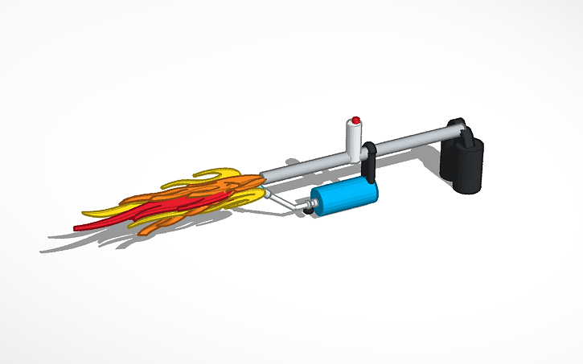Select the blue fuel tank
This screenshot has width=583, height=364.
[x=342, y=198]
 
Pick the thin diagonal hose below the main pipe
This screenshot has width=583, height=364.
[x=281, y=198]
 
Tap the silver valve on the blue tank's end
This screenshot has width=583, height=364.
[x=306, y=209]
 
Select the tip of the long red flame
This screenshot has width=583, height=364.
[x=77, y=228]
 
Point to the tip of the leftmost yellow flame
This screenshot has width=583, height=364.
[x=84, y=213]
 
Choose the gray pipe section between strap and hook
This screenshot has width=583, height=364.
[x=410, y=143]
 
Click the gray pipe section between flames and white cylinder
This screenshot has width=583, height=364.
[x=302, y=166]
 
